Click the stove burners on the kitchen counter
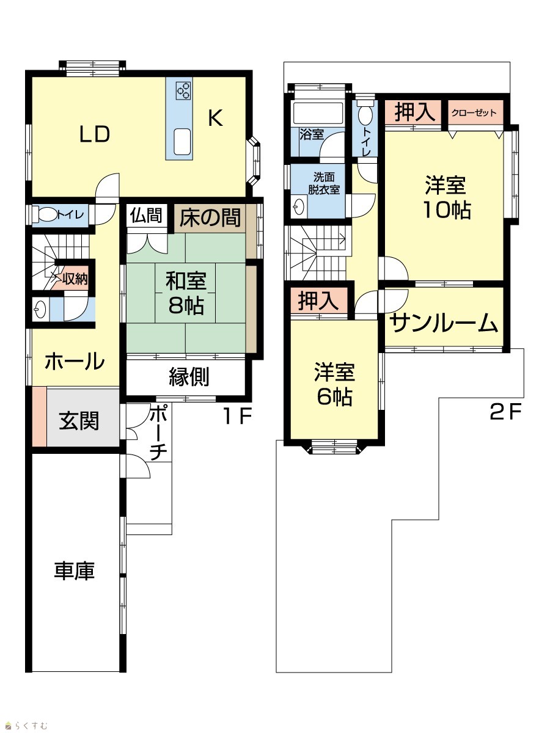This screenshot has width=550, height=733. coord(183,90)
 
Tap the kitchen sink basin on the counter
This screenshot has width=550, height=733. coord(182,141)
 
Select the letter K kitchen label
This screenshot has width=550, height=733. coord(215,118)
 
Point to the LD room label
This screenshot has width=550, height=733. coord(95,134)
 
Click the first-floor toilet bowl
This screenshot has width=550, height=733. coord(48,214)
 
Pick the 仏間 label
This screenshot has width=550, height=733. coord(146,215)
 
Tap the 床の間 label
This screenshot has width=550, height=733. coord(210,217)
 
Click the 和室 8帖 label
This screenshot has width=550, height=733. coord(186,293)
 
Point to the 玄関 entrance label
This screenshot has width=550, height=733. coord(79,421)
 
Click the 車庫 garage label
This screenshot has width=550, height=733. coord(75,571)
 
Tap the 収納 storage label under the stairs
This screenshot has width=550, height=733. coord(75,278)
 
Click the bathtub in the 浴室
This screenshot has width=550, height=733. coord(318,113)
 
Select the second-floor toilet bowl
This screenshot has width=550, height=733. coord(364,114)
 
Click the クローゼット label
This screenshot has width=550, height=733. coord(474,113)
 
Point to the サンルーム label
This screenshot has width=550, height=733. coord(444,323)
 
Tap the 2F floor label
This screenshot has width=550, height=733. coord(505,412)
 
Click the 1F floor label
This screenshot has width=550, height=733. coord(238,416)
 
